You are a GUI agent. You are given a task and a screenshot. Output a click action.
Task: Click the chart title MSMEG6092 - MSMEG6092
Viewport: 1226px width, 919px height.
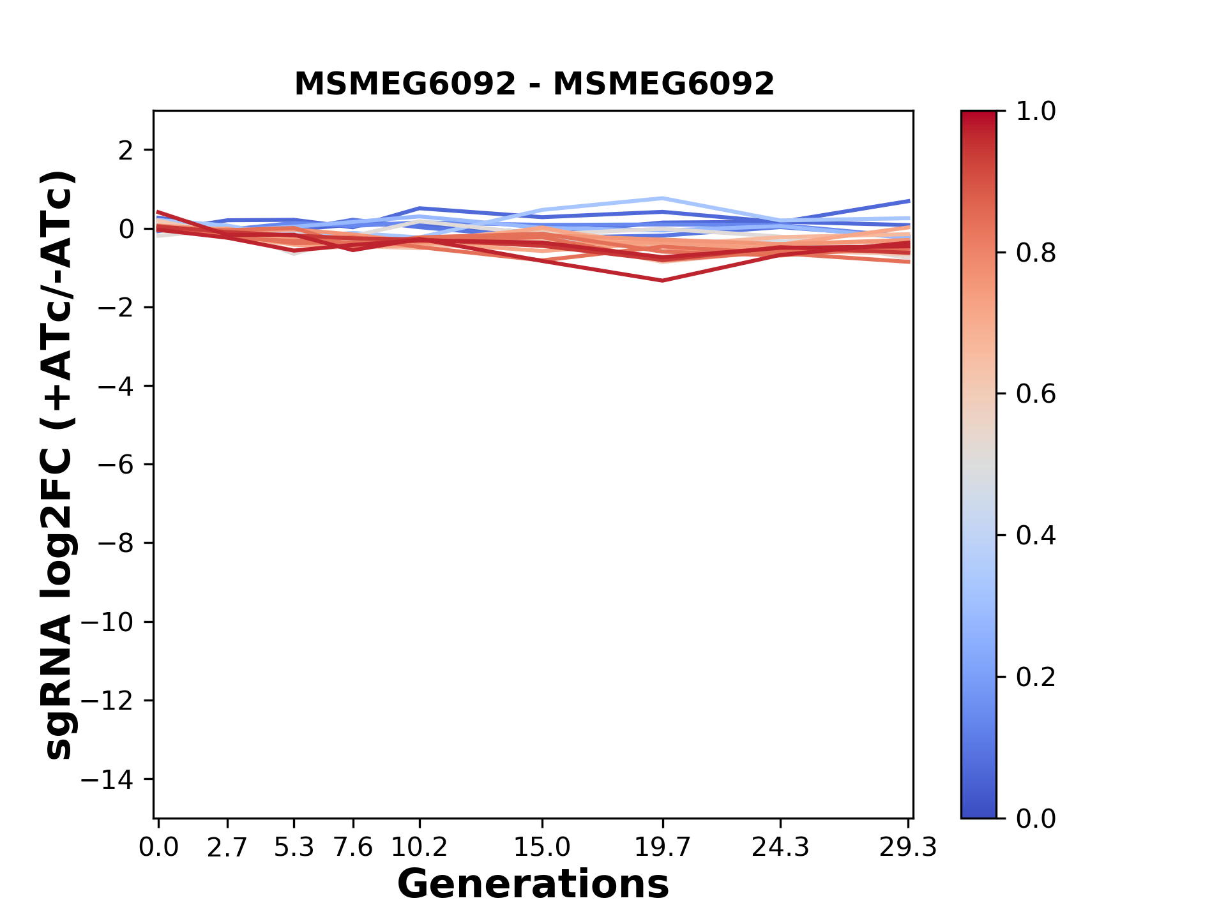[534, 84]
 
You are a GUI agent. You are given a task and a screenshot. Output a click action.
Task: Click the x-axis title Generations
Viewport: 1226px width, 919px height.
[533, 885]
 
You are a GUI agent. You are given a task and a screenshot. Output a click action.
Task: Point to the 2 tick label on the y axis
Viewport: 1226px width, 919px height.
[126, 151]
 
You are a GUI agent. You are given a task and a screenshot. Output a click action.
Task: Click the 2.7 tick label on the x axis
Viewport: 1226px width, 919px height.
[227, 848]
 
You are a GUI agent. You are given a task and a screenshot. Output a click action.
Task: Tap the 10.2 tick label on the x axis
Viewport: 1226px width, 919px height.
[419, 848]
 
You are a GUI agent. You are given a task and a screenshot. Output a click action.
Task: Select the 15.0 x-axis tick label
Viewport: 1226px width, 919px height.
[542, 848]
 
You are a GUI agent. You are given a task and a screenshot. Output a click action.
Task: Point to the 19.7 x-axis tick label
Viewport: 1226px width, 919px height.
[663, 848]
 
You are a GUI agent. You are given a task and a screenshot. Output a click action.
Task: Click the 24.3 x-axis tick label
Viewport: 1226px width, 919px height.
[780, 848]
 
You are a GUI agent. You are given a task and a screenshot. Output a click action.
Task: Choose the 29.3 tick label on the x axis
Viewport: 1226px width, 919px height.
[908, 848]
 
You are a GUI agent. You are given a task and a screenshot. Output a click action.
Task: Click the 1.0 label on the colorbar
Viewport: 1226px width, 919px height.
[1036, 112]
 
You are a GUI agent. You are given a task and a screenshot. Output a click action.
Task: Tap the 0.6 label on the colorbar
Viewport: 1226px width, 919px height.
[1036, 394]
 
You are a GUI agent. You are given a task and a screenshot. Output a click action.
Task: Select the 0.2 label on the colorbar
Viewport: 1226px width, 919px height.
[1036, 677]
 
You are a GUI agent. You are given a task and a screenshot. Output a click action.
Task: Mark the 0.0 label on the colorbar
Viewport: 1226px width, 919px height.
[1036, 819]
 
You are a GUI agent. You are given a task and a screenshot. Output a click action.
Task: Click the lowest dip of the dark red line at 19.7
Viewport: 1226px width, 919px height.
[663, 280]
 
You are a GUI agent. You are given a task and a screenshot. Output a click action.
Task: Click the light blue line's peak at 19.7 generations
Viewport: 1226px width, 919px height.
[663, 198]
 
